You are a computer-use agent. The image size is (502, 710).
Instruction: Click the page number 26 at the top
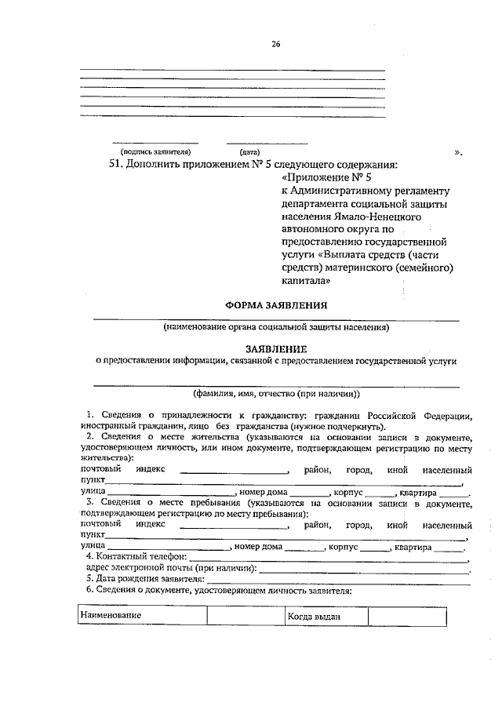coord(276,44)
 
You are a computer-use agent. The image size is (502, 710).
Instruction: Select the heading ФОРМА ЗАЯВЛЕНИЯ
coord(276,304)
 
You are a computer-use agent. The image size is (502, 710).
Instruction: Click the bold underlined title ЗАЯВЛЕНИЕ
coord(276,348)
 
